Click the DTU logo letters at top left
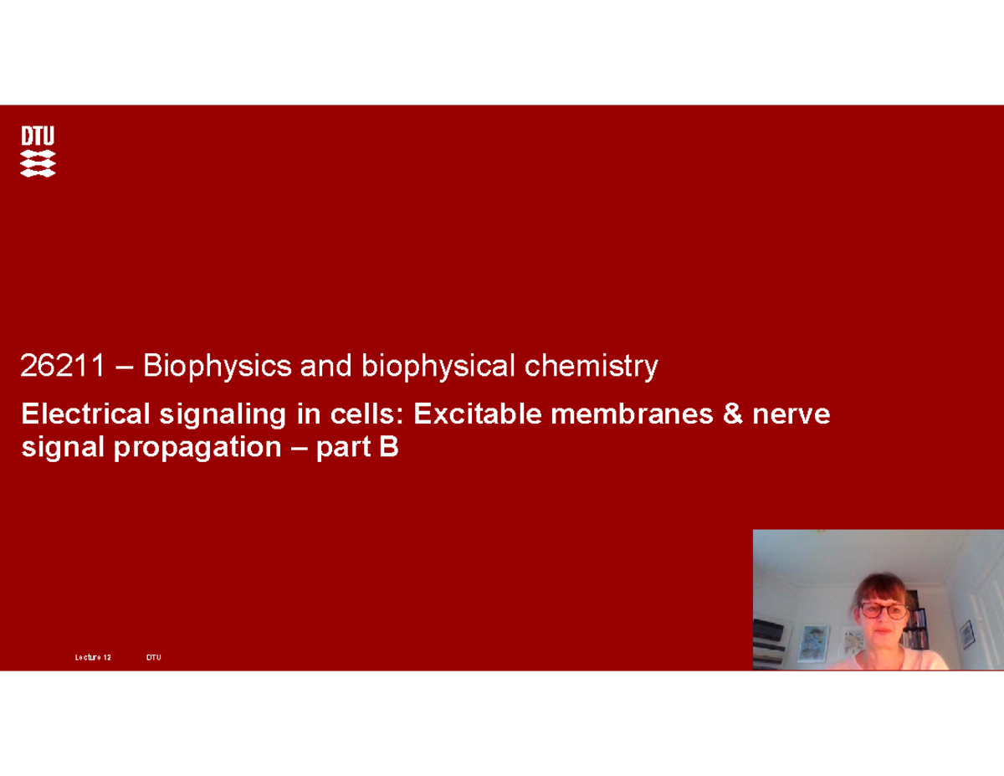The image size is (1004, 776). pyautogui.click(x=38, y=136)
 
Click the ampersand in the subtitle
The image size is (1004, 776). pyautogui.click(x=733, y=414)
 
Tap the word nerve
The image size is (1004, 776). pyautogui.click(x=791, y=414)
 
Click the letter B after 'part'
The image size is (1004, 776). pyautogui.click(x=389, y=448)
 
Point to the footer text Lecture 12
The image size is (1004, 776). pyautogui.click(x=93, y=658)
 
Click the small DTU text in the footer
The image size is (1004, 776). pyautogui.click(x=154, y=658)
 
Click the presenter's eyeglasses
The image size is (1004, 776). pyautogui.click(x=884, y=610)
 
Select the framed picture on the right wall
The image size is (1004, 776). pyautogui.click(x=967, y=634)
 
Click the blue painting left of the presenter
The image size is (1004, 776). pyautogui.click(x=812, y=643)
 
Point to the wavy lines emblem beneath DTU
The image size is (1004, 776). pyautogui.click(x=38, y=164)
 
